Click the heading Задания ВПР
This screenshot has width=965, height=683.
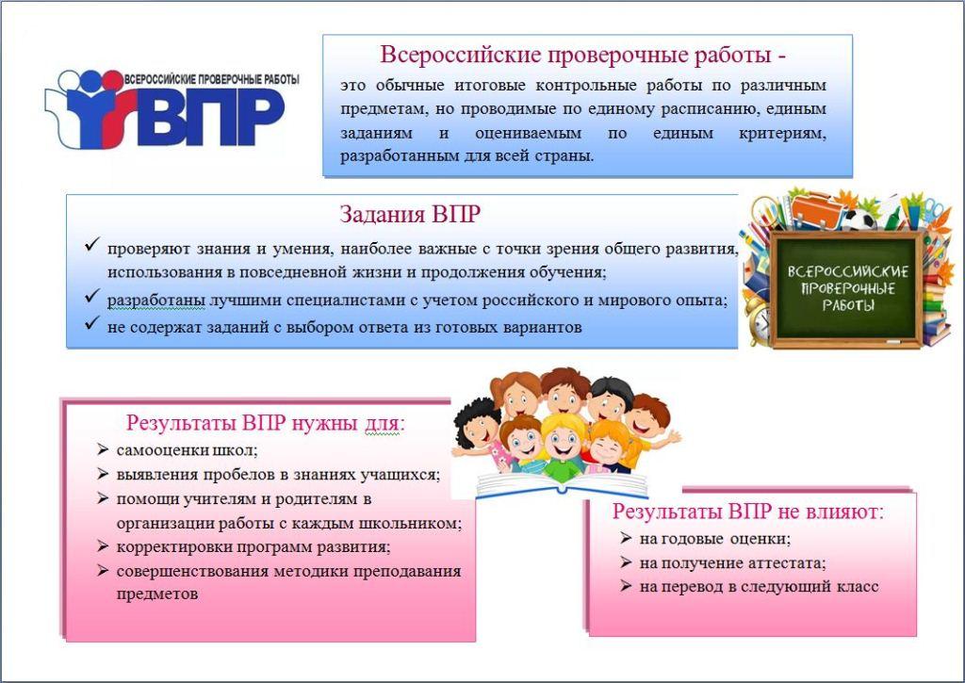click(410, 214)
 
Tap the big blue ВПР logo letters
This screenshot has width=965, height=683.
click(213, 116)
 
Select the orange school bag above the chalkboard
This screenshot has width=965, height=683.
click(815, 208)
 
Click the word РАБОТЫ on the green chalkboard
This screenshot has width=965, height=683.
click(847, 304)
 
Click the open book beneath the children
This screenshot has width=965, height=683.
click(562, 485)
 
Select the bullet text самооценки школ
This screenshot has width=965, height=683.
click(187, 450)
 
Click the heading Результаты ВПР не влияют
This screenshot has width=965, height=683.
click(747, 512)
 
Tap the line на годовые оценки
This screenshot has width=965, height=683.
click(715, 539)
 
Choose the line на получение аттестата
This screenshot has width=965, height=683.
click(732, 563)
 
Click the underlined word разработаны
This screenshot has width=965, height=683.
click(156, 301)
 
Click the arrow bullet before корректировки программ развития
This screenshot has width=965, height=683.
click(103, 546)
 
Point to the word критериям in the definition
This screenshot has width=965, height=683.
click(782, 133)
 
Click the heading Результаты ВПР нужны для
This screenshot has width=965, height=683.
click(265, 424)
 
